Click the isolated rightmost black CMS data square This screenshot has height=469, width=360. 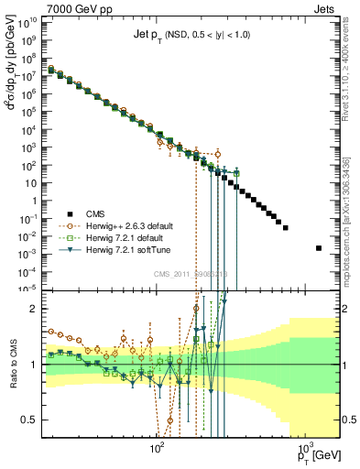coord(319,248)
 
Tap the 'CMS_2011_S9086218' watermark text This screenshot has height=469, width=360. coord(190,274)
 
